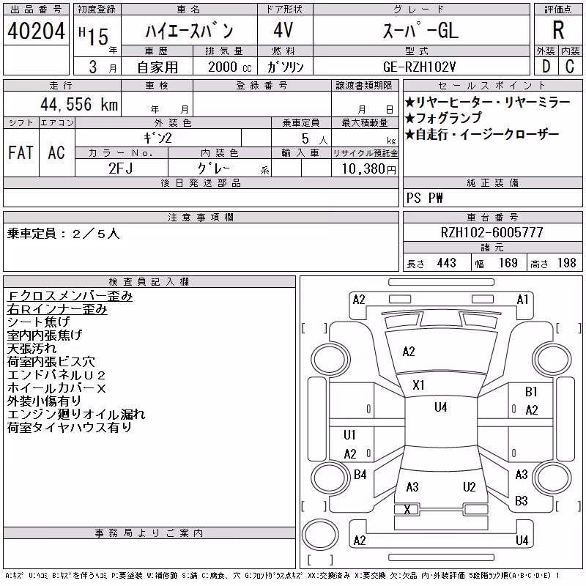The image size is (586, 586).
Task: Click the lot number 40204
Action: pos(36,30)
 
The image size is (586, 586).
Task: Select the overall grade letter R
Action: pos(558,30)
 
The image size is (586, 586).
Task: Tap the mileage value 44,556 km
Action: pos(79,104)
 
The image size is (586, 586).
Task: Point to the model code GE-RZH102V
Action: pos(419,67)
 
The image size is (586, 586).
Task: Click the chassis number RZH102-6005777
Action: pos(492,232)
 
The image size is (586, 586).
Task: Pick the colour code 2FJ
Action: pos(121,168)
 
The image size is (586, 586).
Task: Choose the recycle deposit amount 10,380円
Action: pos(369,169)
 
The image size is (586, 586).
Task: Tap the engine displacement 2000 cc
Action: pos(230,67)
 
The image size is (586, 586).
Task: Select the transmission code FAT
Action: pos(21,152)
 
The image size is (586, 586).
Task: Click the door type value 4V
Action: pos(283,30)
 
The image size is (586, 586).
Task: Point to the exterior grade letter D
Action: pos(546,67)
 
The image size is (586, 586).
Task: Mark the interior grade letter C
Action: pos(570,67)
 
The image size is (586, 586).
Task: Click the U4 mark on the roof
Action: pos(441,407)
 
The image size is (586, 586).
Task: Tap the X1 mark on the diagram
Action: pos(418,385)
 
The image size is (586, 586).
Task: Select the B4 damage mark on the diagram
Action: pos(360,475)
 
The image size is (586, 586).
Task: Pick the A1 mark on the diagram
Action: pos(522,300)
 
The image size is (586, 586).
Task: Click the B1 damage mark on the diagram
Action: pos(531,392)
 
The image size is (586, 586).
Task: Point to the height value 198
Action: pos(566,263)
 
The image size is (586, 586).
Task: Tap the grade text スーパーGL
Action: pos(420,30)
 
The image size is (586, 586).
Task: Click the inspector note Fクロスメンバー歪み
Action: pos(70,296)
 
